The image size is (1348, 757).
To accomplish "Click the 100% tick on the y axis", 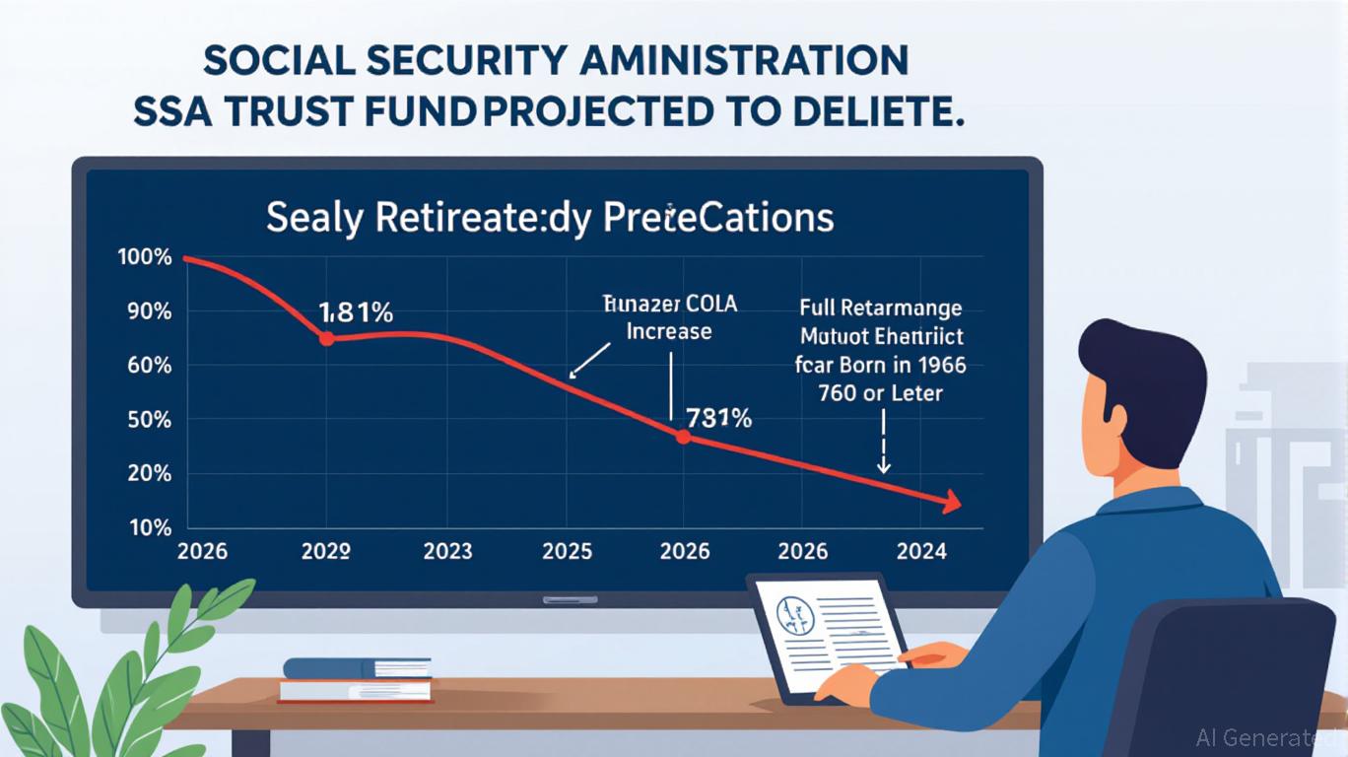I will tap(145, 258).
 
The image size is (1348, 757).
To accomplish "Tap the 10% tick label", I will tap(150, 527).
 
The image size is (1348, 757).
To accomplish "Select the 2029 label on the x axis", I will tap(325, 552).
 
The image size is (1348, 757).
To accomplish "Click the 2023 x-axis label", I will tap(448, 552).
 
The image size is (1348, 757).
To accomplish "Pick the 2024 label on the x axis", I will tap(921, 552).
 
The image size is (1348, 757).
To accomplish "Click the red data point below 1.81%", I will tap(327, 338).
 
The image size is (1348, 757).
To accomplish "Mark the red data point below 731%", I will tap(683, 436).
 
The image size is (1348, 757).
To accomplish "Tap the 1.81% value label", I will tap(356, 313).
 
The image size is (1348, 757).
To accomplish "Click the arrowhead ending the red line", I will tap(951, 503).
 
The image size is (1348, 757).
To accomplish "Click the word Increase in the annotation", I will tap(669, 331).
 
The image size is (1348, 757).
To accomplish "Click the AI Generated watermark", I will tap(1269, 737).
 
